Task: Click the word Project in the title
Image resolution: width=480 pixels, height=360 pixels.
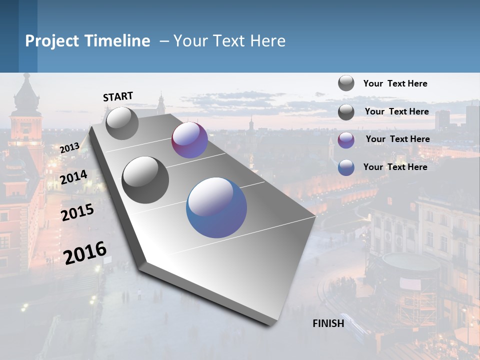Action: [49, 41]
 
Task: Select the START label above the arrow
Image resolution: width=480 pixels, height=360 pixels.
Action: [118, 96]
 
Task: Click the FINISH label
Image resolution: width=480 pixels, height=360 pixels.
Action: [328, 323]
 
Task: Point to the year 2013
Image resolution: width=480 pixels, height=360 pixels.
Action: [69, 148]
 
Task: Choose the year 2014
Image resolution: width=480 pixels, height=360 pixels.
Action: [73, 177]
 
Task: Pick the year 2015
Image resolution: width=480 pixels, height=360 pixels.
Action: [77, 212]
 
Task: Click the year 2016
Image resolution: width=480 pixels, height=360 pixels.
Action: [85, 252]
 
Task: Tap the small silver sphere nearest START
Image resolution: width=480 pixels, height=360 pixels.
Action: [122, 123]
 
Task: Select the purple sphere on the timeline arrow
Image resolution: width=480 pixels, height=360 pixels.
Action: [189, 140]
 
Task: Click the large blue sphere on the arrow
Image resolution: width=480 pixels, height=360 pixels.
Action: [216, 207]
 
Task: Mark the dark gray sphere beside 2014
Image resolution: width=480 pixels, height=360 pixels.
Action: [145, 180]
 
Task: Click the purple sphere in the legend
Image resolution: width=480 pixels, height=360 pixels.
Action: [346, 140]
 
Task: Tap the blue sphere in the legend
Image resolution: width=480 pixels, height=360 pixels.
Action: [346, 167]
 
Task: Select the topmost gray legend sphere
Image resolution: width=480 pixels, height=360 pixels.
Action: [346, 83]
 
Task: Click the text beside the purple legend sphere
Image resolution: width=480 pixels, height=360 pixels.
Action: [397, 139]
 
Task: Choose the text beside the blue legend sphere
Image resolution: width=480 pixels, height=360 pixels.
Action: [395, 167]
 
